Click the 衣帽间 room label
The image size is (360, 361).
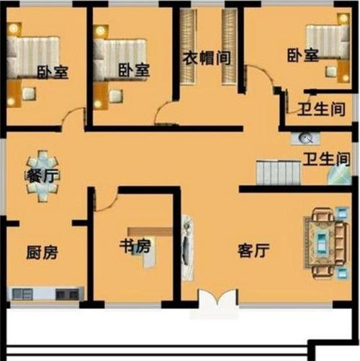[x=207, y=58]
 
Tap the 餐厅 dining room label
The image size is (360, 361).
[x=42, y=177]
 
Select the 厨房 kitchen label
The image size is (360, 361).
[x=42, y=252]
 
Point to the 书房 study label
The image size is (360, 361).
[x=135, y=246]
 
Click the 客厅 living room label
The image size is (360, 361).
[x=253, y=251]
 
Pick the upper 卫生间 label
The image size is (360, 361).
[x=321, y=110]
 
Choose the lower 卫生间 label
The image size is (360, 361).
[x=326, y=159]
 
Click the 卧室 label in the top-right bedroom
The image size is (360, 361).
[x=303, y=55]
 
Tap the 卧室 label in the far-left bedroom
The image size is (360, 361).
[x=53, y=72]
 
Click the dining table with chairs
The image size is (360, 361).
[x=42, y=176]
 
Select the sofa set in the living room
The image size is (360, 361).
[x=327, y=243]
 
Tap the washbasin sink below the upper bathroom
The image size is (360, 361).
[x=305, y=138]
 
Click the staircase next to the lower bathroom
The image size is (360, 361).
[x=279, y=173]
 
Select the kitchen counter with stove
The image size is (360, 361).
[x=45, y=293]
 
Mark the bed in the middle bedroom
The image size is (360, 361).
[x=120, y=58]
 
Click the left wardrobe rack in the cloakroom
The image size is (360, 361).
[x=187, y=47]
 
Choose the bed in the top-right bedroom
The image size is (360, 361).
[x=328, y=42]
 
